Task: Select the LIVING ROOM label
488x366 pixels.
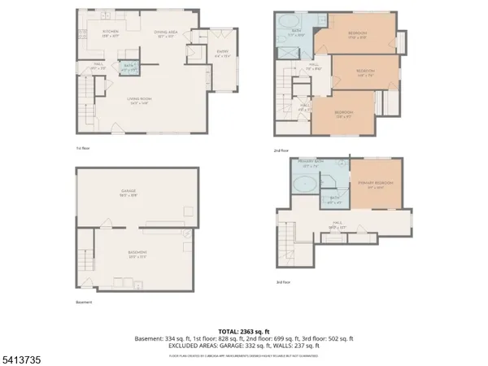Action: click(140, 100)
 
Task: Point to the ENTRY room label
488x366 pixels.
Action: click(221, 55)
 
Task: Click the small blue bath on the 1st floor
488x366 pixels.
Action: click(129, 68)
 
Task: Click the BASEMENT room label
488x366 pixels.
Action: click(137, 255)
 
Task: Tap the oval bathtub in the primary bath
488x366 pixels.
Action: click(307, 185)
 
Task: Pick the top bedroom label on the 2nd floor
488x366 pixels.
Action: click(356, 34)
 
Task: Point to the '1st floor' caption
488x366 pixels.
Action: click(82, 148)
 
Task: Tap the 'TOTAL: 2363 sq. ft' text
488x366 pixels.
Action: click(243, 331)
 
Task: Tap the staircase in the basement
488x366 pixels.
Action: click(86, 262)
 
